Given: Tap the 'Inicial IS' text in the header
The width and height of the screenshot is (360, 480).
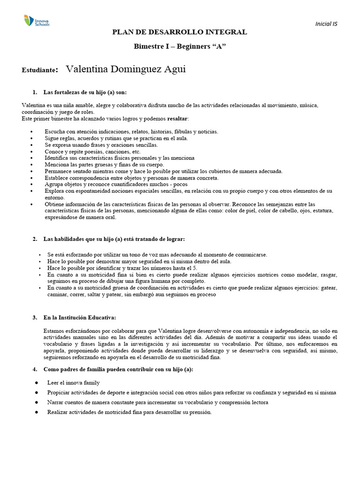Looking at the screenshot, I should [326, 24].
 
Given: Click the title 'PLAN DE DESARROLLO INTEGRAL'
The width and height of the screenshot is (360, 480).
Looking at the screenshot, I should [179, 32].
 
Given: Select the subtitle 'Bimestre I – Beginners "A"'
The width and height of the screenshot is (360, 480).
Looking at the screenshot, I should [179, 47].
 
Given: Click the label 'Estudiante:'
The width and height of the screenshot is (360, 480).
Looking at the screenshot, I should [40, 70].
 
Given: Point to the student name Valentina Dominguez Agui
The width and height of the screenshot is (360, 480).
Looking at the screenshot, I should [126, 69].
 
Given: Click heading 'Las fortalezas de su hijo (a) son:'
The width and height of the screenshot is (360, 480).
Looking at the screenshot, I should [84, 92].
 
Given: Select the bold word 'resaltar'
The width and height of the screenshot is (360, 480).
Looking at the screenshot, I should [174, 119].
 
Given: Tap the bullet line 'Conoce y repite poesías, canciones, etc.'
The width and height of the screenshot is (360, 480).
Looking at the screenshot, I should [92, 152].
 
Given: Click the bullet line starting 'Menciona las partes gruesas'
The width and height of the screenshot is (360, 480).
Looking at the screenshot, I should [104, 165].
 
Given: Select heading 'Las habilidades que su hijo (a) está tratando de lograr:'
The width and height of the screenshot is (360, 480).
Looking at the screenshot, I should [111, 239].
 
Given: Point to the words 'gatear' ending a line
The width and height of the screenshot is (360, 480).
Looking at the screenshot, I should [329, 288].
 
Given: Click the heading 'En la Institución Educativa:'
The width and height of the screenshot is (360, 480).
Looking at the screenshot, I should [79, 317].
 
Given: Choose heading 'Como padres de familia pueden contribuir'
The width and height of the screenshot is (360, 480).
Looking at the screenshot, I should [118, 369].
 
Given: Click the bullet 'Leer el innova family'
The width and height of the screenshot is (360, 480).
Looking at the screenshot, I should [73, 383].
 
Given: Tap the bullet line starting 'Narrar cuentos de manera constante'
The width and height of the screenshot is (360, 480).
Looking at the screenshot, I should [157, 403].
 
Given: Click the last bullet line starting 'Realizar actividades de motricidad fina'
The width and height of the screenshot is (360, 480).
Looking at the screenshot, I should [129, 412].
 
